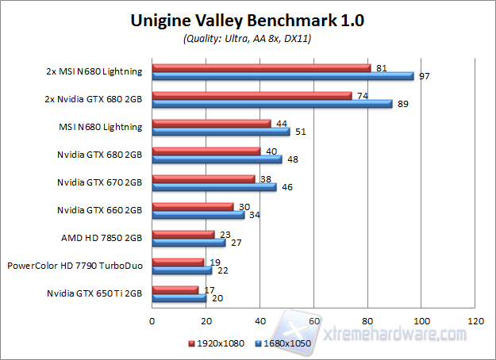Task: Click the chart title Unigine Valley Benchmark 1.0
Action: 247,21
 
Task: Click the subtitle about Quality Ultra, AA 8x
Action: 247,38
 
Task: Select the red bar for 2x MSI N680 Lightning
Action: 261,67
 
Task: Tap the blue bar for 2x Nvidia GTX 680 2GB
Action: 271,103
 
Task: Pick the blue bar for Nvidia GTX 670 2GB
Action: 213,187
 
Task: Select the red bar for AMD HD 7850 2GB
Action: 183,234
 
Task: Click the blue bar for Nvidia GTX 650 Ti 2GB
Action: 179,298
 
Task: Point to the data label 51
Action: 300,132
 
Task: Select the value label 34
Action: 254,215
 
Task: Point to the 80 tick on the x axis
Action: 368,321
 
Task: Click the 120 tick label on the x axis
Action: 476,321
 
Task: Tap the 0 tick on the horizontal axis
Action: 152,321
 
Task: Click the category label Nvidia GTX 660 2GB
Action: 99,210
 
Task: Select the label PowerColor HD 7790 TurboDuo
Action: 75,266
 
